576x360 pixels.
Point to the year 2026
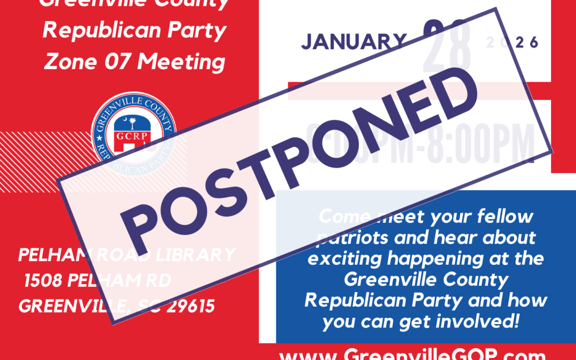(x=513, y=43)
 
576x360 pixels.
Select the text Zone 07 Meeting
(x=134, y=62)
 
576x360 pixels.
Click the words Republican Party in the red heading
(x=134, y=30)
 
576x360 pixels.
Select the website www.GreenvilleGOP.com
(x=412, y=354)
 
